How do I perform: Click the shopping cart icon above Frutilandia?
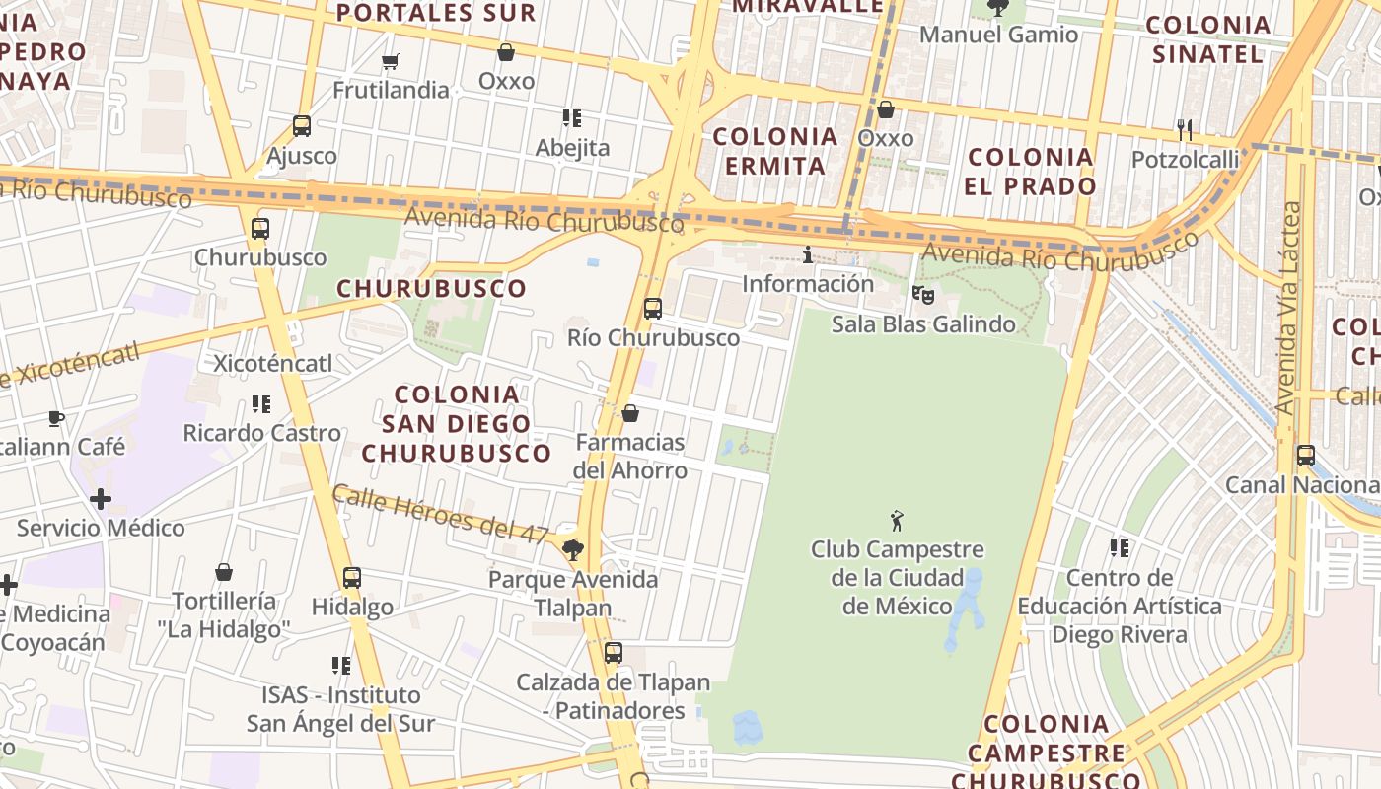[x=390, y=62]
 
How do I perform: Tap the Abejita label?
[x=572, y=148]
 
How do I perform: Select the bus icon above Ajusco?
[x=302, y=126]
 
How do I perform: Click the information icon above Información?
[x=808, y=255]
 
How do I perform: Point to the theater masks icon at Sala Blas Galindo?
[x=923, y=294]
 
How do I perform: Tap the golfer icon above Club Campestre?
[x=897, y=520]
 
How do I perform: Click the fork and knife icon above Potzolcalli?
[x=1185, y=129]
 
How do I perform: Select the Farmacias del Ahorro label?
[x=630, y=456]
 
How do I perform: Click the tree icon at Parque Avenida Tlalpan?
[x=572, y=549]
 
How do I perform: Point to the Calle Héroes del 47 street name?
[x=440, y=514]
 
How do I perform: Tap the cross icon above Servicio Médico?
[x=101, y=499]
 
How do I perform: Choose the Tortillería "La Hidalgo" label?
[x=224, y=614]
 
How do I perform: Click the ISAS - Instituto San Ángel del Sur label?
[x=340, y=709]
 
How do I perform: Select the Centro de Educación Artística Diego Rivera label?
[x=1120, y=606]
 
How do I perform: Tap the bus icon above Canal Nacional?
[x=1306, y=456]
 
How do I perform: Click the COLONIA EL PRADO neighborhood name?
[x=1031, y=172]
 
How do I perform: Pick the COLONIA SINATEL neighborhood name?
[x=1208, y=39]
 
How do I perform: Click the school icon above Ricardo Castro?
[x=261, y=403]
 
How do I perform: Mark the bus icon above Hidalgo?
[x=352, y=578]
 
